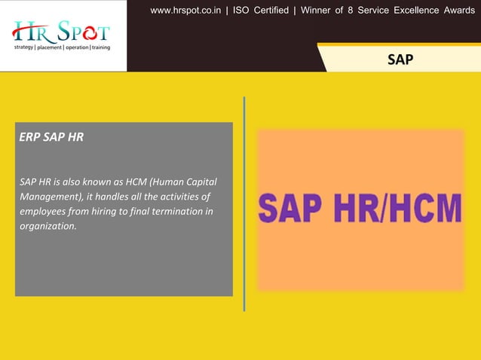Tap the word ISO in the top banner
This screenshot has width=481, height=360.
coord(241,11)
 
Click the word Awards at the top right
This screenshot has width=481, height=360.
coord(459,11)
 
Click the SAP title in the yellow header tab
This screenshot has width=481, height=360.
coord(400,59)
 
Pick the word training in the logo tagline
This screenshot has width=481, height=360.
coord(98,47)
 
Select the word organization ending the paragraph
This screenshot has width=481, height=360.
coord(48,225)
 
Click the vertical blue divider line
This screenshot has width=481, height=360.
coord(244,203)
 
